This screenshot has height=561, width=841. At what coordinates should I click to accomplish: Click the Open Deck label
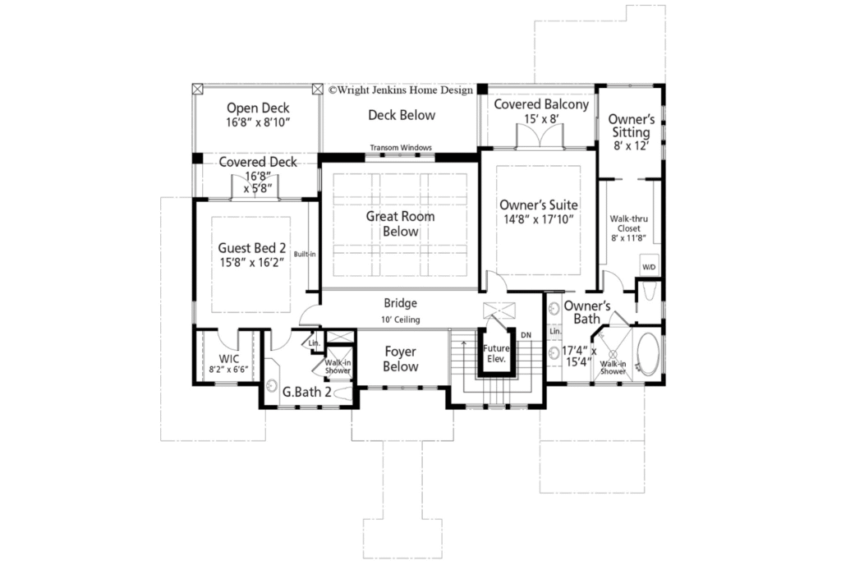tap(258, 108)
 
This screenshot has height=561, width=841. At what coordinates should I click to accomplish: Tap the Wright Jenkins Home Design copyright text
tap(401, 90)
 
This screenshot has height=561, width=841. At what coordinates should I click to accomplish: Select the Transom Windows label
tap(401, 148)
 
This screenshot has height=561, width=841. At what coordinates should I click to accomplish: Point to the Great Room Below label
tap(401, 223)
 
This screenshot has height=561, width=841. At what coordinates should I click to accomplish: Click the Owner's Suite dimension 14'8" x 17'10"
tap(539, 219)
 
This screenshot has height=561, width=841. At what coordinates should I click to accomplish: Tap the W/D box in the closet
tap(649, 267)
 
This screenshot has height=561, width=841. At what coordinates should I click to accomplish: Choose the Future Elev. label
tap(496, 353)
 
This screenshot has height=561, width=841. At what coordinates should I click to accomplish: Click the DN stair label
tap(526, 335)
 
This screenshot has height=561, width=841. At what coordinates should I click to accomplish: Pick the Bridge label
tap(401, 303)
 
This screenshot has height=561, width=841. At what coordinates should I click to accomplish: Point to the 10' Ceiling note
tap(401, 320)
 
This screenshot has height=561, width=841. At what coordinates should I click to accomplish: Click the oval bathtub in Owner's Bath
tap(649, 355)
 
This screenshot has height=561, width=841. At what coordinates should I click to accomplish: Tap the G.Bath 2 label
tap(306, 392)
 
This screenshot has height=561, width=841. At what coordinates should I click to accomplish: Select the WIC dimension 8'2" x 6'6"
tap(228, 370)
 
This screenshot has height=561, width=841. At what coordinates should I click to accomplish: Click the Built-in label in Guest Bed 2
tap(305, 255)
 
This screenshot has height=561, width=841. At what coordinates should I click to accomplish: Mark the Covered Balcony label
tap(541, 104)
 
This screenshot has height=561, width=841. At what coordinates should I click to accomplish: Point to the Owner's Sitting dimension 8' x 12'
tap(632, 145)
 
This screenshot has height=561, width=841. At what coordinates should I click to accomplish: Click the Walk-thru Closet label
tap(628, 223)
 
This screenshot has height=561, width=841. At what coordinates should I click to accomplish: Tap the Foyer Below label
tap(401, 359)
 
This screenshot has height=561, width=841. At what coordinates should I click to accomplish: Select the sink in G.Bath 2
tap(271, 385)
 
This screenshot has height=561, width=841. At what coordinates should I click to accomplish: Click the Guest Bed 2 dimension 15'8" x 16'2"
tap(251, 263)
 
